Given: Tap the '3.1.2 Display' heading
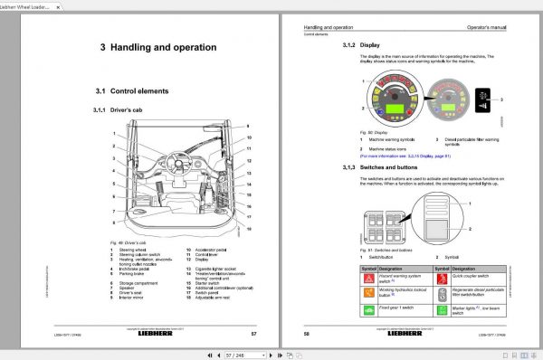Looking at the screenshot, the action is [361, 43].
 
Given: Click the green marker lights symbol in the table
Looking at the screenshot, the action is [443, 310].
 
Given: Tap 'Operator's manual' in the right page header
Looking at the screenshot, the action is [492, 30].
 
